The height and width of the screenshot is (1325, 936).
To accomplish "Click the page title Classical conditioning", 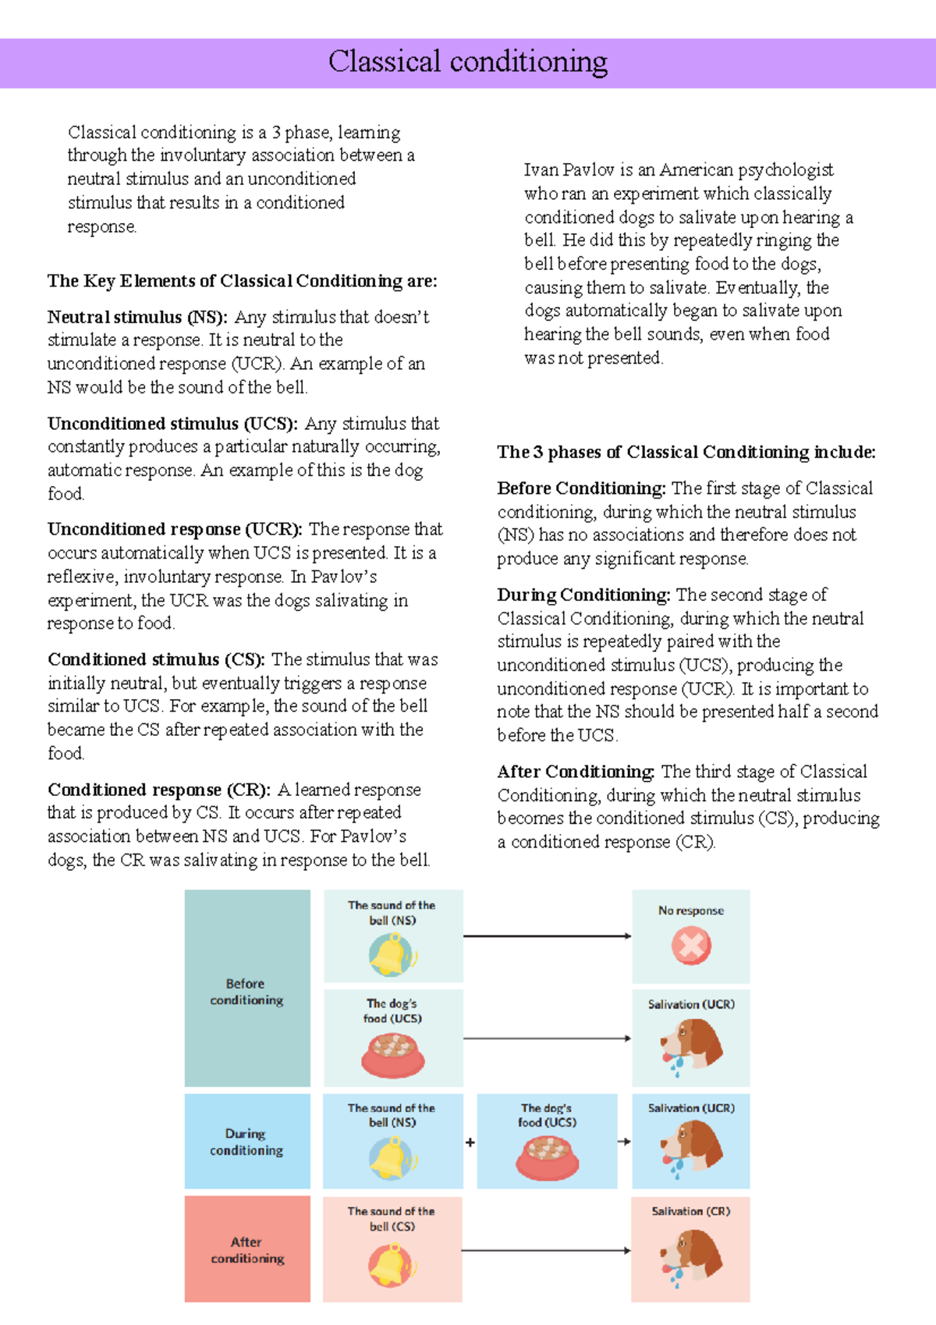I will (467, 62).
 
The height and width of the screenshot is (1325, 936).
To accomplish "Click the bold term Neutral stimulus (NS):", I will (137, 317).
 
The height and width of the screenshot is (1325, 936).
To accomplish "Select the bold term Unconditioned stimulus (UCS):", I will (172, 424).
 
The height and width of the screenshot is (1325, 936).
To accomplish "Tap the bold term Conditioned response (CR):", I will (159, 790).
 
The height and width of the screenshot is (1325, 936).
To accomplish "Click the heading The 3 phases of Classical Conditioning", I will (686, 453).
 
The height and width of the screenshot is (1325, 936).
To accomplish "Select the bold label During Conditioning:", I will (583, 595).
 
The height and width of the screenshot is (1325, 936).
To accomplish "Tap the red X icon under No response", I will (691, 947).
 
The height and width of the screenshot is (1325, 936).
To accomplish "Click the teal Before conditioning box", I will (246, 989).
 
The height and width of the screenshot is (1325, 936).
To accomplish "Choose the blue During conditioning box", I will (246, 1142).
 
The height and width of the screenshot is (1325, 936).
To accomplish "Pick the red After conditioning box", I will (246, 1249).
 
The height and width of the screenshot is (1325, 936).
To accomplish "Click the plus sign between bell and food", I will (470, 1142).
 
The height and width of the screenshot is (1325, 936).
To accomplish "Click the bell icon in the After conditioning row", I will (392, 1265).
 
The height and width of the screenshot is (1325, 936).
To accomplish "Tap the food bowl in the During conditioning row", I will (547, 1157).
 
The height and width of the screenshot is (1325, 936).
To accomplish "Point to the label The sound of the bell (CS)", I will (392, 1219).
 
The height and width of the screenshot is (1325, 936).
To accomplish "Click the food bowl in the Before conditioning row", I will (393, 1055).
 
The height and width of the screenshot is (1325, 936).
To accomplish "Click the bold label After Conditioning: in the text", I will (576, 773).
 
